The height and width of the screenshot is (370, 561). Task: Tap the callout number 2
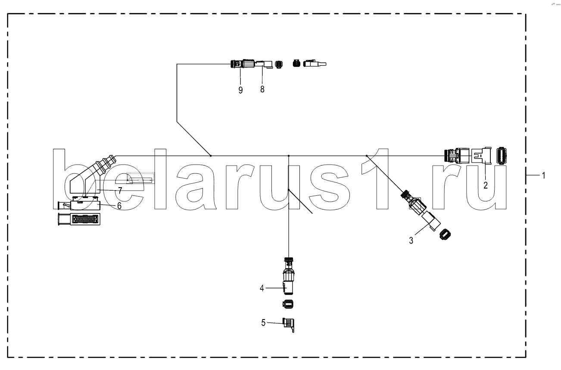[486, 185]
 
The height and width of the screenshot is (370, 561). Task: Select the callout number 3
[411, 240]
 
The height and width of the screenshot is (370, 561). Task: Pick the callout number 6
[119, 206]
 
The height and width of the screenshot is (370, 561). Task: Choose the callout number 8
[262, 89]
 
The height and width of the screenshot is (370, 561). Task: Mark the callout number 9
[240, 90]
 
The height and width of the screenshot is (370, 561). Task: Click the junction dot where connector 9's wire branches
[210, 155]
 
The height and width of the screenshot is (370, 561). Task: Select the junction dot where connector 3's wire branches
[366, 155]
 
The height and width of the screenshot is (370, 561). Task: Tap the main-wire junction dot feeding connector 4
[288, 155]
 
